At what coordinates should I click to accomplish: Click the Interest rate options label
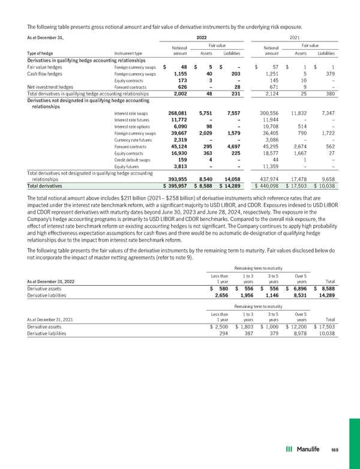point(131,126)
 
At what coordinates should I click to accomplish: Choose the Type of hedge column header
point(26,53)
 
